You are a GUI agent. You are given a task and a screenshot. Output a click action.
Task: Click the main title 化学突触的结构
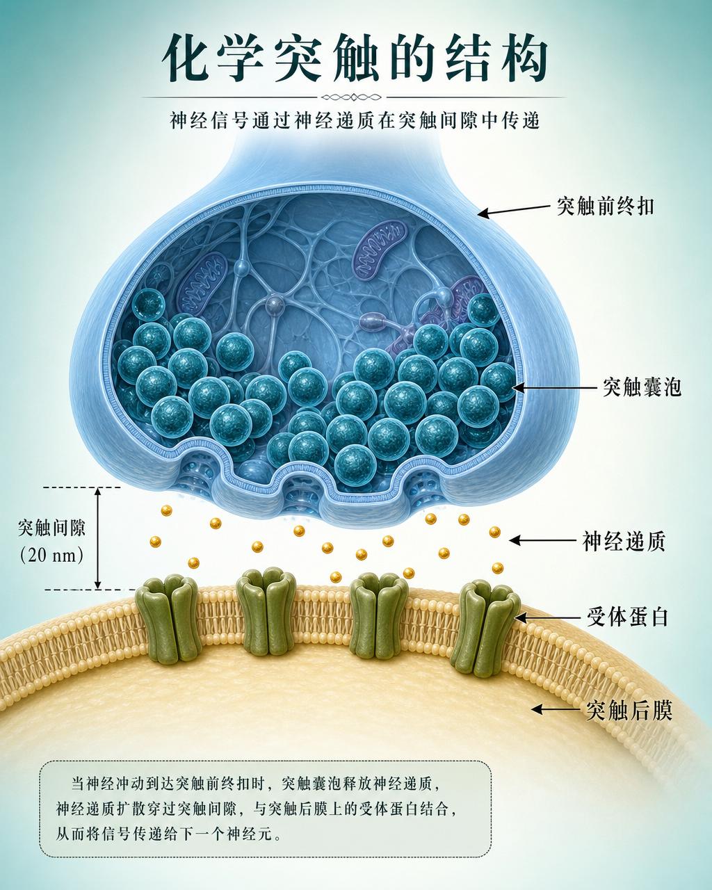pos(355,58)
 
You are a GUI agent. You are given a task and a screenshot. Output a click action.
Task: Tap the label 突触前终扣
pos(605,206)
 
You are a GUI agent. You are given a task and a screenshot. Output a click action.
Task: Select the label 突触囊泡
pos(642,387)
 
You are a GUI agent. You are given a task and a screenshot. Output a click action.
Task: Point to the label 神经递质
pos(624,541)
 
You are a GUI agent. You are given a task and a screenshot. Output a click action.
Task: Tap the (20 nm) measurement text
pos(51,555)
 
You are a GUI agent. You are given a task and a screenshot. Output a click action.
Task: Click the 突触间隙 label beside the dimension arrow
pos(51,528)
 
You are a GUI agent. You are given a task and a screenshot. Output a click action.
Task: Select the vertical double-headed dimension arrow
pos(97,538)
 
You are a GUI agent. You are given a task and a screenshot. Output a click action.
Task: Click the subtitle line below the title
pos(355,121)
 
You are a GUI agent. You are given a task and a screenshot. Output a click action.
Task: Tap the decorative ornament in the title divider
pos(352,97)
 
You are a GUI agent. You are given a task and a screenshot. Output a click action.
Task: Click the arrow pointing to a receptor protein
pos(547,618)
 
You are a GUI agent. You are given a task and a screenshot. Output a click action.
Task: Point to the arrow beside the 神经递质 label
pos(543,540)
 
